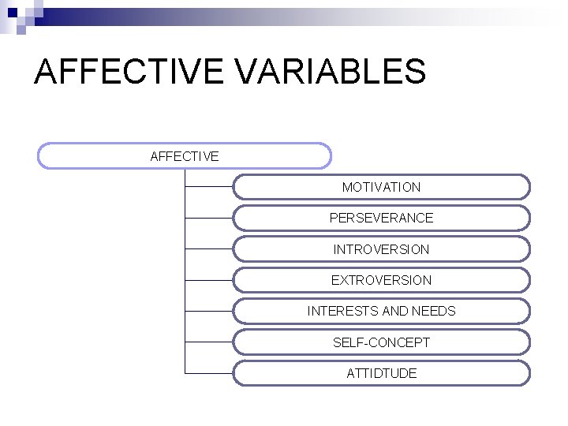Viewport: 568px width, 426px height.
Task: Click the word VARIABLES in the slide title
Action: [x=331, y=72]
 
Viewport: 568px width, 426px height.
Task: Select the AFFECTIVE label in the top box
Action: [x=184, y=156]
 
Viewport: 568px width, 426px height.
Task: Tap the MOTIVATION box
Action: [x=381, y=187]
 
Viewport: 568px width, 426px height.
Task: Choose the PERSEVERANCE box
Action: [x=381, y=218]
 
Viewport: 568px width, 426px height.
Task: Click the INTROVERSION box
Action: [x=381, y=249]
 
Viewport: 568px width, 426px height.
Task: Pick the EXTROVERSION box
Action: [x=381, y=280]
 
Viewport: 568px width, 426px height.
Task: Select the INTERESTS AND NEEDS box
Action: [x=381, y=311]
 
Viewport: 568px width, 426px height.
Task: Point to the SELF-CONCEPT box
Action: [x=381, y=342]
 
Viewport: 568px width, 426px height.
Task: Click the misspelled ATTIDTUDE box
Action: [x=381, y=373]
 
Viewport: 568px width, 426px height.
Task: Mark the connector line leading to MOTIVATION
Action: [x=209, y=187]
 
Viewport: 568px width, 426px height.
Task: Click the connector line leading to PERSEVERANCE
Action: [x=209, y=218]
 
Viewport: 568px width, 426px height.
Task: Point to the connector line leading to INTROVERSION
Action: [x=209, y=249]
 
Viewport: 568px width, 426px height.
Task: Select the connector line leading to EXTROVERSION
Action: [x=209, y=280]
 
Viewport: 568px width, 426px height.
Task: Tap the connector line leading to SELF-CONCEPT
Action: [x=209, y=342]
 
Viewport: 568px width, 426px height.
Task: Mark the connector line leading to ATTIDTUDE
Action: [x=209, y=373]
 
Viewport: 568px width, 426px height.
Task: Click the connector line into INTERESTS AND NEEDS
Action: [x=209, y=311]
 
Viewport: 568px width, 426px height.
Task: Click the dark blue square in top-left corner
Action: [x=12, y=12]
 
